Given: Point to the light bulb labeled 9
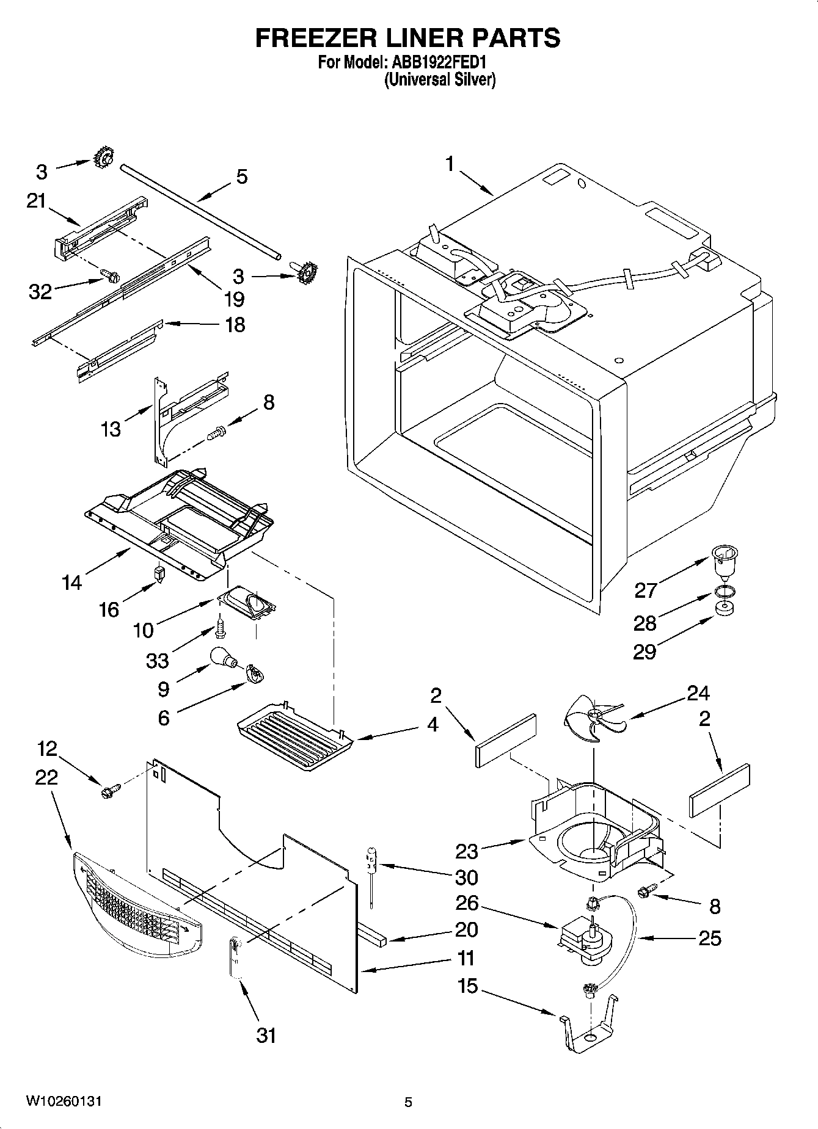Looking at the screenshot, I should coord(222,658).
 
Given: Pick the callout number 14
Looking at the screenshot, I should coord(71,583).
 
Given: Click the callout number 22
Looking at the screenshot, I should coord(46,777).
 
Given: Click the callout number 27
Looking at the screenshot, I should coord(645,590).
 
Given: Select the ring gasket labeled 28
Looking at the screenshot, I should coord(724,591).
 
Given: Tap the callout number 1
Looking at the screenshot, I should coord(450,164).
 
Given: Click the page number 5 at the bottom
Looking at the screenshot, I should coord(408,1102).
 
